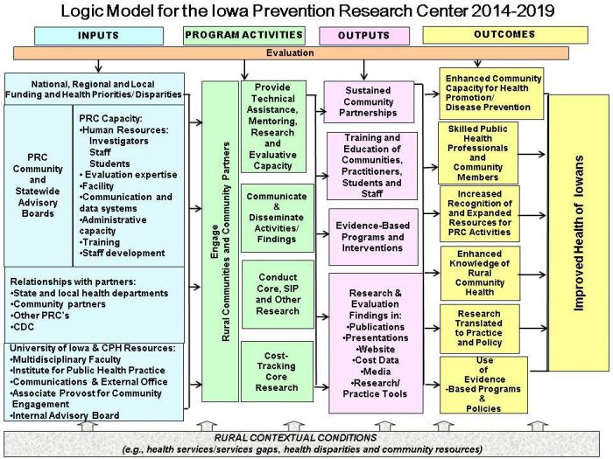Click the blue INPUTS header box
pyautogui.click(x=99, y=36)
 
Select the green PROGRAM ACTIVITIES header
pyautogui.click(x=244, y=35)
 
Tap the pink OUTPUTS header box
pyautogui.click(x=364, y=36)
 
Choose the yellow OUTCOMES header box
pyautogui.click(x=505, y=35)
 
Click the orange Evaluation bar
pyautogui.click(x=291, y=53)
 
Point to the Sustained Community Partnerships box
pyautogui.click(x=369, y=102)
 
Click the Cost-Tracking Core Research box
pyautogui.click(x=277, y=372)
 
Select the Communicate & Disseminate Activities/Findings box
pyautogui.click(x=278, y=218)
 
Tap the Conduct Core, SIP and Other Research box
pyautogui.click(x=278, y=295)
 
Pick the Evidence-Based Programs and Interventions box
pyautogui.click(x=373, y=237)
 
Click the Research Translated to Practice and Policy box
pyautogui.click(x=480, y=329)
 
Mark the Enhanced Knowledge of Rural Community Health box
pyautogui.click(x=480, y=273)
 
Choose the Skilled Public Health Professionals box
pyautogui.click(x=478, y=153)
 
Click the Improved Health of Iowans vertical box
pyautogui.click(x=579, y=233)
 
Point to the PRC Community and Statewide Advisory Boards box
pyautogui.click(x=38, y=185)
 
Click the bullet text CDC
pyautogui.click(x=23, y=327)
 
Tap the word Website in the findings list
pyautogui.click(x=376, y=349)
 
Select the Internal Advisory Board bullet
pyautogui.click(x=65, y=415)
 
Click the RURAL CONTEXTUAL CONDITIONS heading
pyautogui.click(x=296, y=437)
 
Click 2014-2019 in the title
pyautogui.click(x=512, y=10)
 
